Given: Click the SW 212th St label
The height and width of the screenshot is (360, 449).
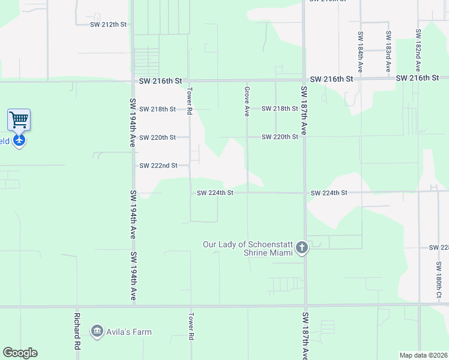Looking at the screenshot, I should (x=109, y=25).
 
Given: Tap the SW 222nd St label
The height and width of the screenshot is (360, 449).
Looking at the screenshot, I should (x=158, y=166).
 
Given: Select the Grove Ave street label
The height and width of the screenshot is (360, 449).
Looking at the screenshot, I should (x=247, y=101).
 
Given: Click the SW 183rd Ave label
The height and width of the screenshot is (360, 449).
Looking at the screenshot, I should (x=388, y=48).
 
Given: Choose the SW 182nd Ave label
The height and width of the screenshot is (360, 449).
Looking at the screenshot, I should (x=417, y=48).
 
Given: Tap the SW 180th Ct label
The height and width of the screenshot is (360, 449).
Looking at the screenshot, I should (x=439, y=279).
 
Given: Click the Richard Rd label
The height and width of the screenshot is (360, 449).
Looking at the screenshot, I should (x=77, y=331).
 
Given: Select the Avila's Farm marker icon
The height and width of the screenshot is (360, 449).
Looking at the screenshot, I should (x=97, y=331).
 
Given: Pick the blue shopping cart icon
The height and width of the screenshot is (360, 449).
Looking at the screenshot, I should (x=19, y=119).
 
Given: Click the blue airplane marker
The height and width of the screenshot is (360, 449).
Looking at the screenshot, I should (x=19, y=141).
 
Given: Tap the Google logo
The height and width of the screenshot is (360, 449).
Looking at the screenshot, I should (x=20, y=353).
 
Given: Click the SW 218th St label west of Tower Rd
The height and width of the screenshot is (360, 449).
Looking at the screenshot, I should (x=157, y=109).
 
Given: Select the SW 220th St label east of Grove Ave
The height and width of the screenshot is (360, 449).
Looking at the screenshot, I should (x=280, y=137).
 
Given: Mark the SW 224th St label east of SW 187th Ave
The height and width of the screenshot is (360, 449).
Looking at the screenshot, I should (x=329, y=193).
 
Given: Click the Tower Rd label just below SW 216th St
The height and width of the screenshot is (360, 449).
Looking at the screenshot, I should (x=189, y=101).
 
